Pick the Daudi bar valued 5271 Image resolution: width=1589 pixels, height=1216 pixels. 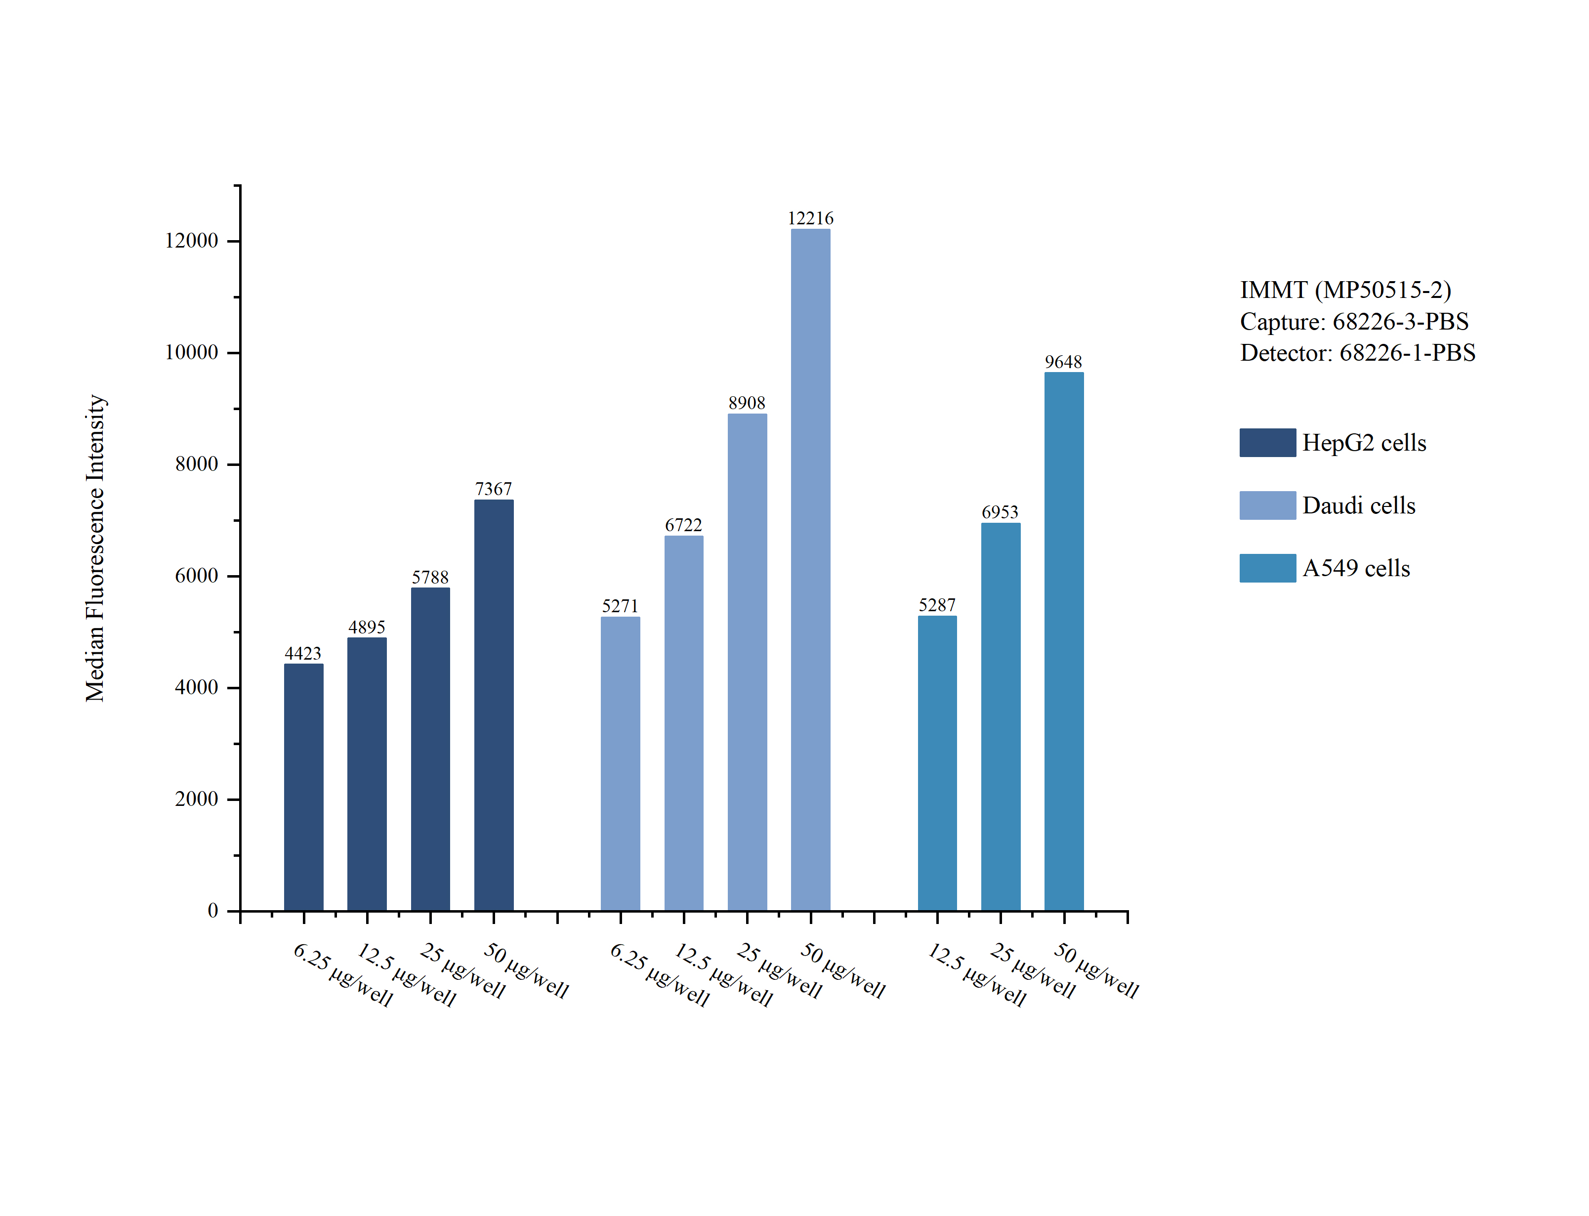click(620, 763)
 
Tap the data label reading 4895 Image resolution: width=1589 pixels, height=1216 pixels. click(366, 627)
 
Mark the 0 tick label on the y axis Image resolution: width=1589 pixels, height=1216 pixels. click(213, 911)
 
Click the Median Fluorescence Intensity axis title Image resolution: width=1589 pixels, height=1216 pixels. click(95, 548)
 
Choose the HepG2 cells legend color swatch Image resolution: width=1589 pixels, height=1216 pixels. click(1267, 442)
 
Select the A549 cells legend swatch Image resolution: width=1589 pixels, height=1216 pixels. click(1267, 568)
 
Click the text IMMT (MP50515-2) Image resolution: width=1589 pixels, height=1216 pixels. click(1345, 290)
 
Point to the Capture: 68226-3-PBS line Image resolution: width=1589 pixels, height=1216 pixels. click(1354, 321)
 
